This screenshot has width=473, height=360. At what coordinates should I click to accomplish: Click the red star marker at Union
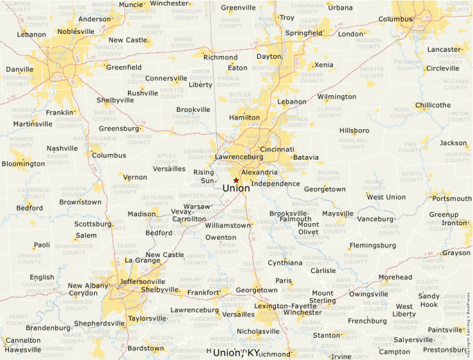tap(236, 180)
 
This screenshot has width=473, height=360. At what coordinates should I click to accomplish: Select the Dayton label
tap(269, 57)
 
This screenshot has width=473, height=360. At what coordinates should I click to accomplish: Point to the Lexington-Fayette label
tap(281, 305)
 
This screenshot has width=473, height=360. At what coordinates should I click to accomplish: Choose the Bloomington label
tap(23, 164)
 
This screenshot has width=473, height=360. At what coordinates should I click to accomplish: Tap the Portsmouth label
tap(451, 198)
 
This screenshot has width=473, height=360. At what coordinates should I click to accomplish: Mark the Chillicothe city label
tap(433, 106)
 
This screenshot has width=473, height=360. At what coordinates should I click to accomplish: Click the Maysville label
tap(337, 214)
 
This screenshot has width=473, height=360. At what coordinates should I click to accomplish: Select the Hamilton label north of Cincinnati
tap(244, 117)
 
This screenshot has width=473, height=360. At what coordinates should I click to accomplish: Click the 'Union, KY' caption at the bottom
tap(236, 352)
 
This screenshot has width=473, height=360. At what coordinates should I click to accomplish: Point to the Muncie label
tap(131, 4)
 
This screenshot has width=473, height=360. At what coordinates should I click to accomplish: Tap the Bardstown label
tap(146, 348)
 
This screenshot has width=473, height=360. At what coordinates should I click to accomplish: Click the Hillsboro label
tap(354, 131)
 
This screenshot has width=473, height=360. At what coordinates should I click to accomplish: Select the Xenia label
tap(324, 65)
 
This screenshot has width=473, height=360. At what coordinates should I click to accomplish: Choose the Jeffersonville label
tap(142, 282)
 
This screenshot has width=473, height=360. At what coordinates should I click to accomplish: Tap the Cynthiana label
tap(285, 263)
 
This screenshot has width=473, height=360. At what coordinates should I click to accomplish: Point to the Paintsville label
tap(445, 330)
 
